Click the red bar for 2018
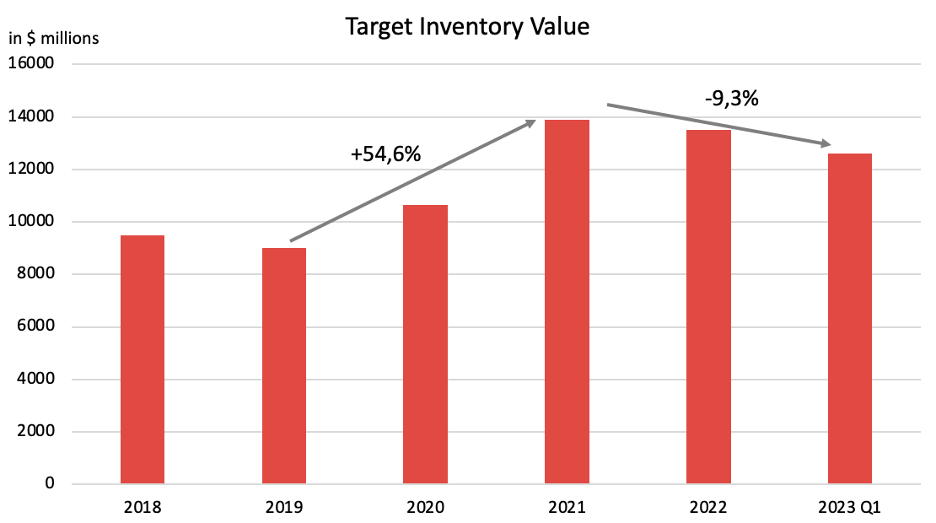(143, 360)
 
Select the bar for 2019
(284, 366)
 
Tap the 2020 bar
(425, 344)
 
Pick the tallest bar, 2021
(567, 302)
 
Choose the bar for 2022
(708, 307)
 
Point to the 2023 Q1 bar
(850, 319)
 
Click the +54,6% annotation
(385, 154)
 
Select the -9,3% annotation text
(732, 98)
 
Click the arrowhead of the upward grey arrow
(532, 122)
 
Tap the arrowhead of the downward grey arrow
(826, 144)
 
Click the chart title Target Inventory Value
(467, 27)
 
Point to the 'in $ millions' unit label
(54, 38)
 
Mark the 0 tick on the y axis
(50, 484)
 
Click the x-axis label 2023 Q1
(850, 508)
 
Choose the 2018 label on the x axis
(143, 508)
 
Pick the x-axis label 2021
(567, 508)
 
